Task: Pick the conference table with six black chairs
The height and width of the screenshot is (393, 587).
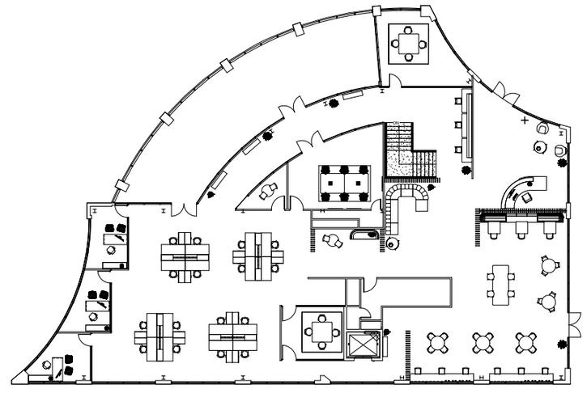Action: [344, 183]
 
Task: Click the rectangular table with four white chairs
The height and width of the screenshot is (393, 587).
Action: [502, 281]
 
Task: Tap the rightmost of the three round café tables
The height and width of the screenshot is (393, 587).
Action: [526, 342]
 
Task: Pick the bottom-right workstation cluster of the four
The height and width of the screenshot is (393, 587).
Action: [235, 333]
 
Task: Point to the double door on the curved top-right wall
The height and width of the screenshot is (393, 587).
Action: [503, 91]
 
